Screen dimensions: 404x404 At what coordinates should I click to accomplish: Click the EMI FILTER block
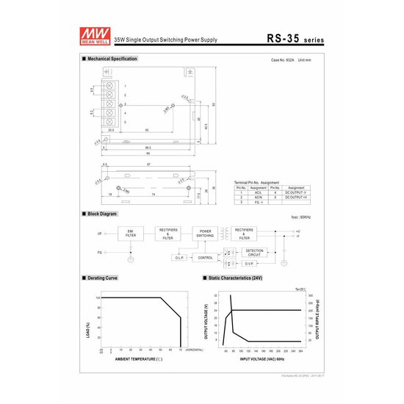(x=131, y=234)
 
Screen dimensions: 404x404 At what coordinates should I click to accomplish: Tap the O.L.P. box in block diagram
(x=180, y=258)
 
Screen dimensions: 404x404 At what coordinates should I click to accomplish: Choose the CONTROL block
(x=206, y=258)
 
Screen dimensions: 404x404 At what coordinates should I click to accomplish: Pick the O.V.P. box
(x=250, y=263)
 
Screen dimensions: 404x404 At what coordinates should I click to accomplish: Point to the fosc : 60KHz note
(x=302, y=217)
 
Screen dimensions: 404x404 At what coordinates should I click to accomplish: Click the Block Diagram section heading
(x=101, y=214)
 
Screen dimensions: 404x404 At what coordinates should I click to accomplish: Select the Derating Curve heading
(x=101, y=279)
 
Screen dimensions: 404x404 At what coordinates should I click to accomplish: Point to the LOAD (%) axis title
(x=88, y=324)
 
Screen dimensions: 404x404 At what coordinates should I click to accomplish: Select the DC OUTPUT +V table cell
(x=295, y=198)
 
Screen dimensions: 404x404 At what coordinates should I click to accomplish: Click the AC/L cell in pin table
(x=259, y=192)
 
